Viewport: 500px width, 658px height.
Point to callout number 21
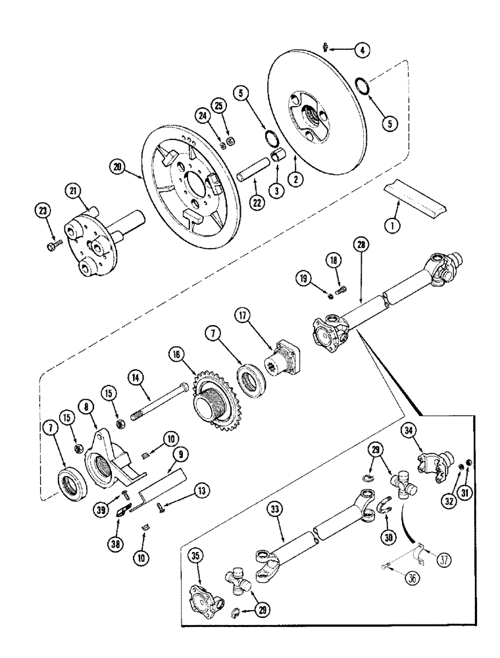coord(72,191)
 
